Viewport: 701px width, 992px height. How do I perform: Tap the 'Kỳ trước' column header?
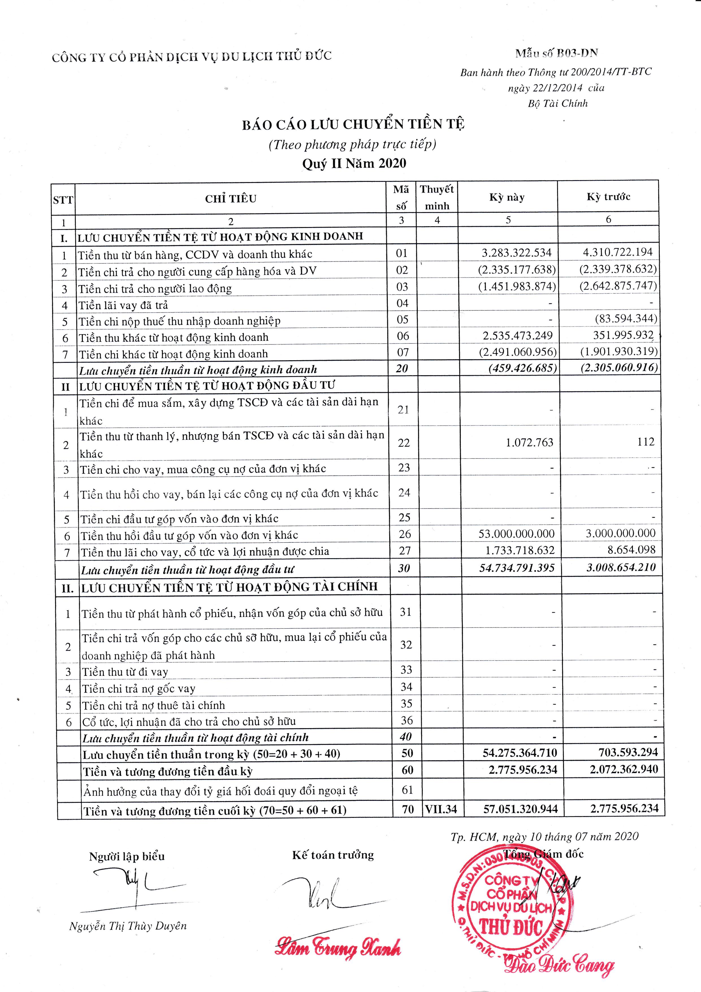click(608, 197)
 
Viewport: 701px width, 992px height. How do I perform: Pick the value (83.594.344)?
click(626, 319)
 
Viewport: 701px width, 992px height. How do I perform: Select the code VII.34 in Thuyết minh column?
click(441, 809)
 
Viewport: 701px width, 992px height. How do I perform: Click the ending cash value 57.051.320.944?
click(520, 809)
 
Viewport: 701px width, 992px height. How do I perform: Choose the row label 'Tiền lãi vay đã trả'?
click(123, 305)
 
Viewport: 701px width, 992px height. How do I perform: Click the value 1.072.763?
click(529, 443)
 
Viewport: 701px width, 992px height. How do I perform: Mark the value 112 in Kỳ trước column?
click(646, 441)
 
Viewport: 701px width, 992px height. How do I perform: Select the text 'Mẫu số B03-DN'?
click(556, 53)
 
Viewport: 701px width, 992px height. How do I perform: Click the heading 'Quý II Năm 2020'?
click(354, 163)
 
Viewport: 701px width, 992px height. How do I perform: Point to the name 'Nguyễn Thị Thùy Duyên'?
click(128, 926)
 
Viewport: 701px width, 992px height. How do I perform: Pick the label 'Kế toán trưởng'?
click(333, 855)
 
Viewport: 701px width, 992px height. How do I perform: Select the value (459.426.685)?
click(522, 368)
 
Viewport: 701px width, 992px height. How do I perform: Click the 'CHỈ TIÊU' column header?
click(231, 199)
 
